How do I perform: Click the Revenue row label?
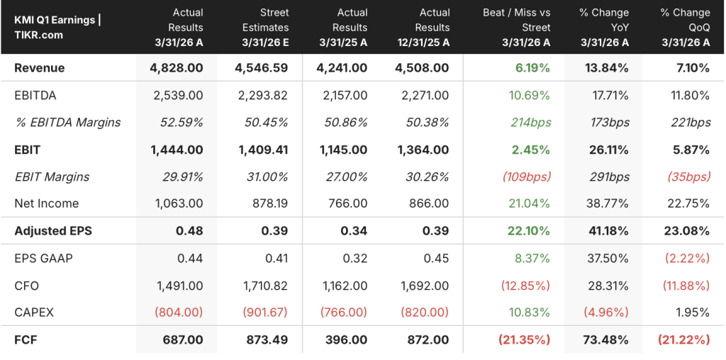tap(40, 68)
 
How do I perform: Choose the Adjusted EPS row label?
tap(52, 231)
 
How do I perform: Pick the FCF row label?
tap(26, 340)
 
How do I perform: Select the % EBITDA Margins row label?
tap(67, 123)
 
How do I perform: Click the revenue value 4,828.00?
tap(177, 68)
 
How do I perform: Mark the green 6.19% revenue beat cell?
tap(531, 68)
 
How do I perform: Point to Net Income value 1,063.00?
tap(178, 203)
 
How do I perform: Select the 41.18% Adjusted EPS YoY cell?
tap(608, 231)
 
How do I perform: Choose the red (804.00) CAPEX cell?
tap(177, 313)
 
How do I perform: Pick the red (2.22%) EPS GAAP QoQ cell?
tap(687, 258)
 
